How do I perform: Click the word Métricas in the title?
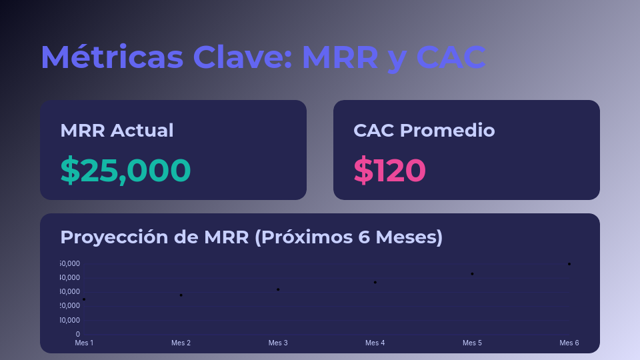[111, 57]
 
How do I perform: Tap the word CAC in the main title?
[451, 57]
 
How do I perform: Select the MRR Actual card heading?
[117, 130]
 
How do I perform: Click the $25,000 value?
[125, 170]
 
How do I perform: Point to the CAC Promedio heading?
[424, 130]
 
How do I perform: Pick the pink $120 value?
[389, 170]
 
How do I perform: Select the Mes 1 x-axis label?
[84, 343]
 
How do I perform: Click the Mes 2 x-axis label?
[181, 343]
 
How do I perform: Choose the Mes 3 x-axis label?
[278, 343]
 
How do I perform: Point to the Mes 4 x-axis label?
[375, 343]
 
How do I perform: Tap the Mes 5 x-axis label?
[472, 343]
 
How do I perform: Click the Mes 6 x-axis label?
[569, 343]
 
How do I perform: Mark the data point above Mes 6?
[569, 264]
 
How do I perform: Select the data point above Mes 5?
[472, 274]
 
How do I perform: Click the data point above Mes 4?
[375, 282]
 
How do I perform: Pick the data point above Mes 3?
[278, 289]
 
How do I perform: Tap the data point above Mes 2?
[181, 295]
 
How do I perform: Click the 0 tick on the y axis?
[77, 334]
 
